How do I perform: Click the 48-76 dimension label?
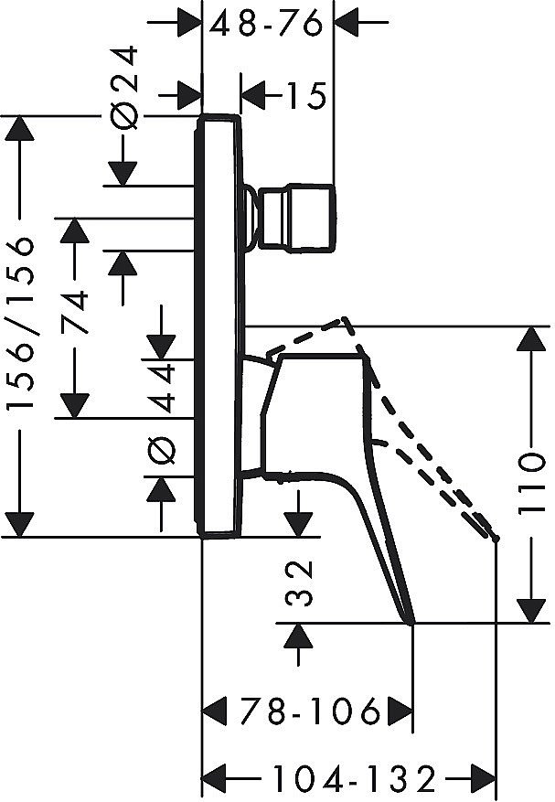(x=266, y=24)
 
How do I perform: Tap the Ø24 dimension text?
(x=125, y=88)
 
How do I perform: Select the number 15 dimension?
(x=305, y=95)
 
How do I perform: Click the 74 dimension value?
(x=75, y=313)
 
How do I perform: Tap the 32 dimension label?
(x=299, y=583)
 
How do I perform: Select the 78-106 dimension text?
(x=311, y=711)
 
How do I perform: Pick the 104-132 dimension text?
(x=354, y=779)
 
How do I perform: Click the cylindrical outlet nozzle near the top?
(x=296, y=219)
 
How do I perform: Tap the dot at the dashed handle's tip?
(x=496, y=539)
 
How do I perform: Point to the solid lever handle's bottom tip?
(x=411, y=623)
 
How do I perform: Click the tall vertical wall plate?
(x=218, y=326)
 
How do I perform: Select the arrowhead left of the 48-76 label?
(x=188, y=23)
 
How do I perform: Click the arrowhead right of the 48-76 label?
(x=347, y=23)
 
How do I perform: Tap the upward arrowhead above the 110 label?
(x=533, y=338)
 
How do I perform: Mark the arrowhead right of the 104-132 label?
(x=484, y=778)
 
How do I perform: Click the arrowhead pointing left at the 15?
(x=253, y=95)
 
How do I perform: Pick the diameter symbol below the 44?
(x=162, y=451)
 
